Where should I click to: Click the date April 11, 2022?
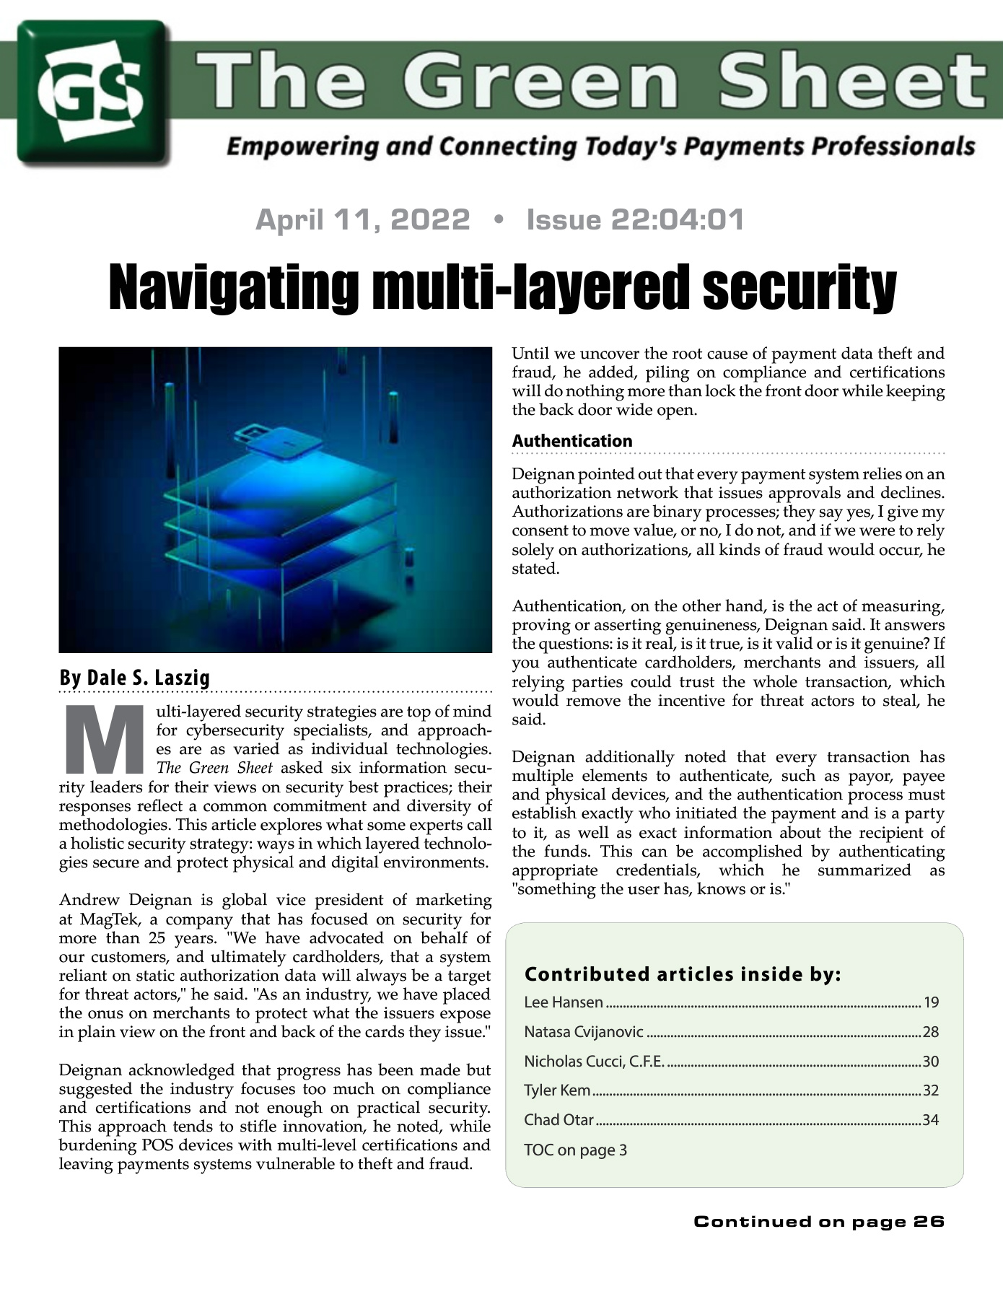point(362,219)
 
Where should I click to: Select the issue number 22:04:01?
point(677,219)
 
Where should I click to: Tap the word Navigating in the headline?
point(232,287)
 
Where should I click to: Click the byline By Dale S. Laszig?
point(134,678)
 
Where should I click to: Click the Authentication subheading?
point(571,441)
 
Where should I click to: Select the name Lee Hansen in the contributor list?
point(563,1002)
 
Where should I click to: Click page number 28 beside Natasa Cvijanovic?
point(930,1032)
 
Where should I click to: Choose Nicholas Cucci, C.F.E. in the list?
point(594,1062)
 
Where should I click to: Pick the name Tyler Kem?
point(557,1090)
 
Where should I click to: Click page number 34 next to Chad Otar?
point(930,1120)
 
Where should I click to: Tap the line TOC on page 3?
point(575,1150)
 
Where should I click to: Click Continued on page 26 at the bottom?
point(818,1222)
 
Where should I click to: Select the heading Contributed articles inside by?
point(683,974)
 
